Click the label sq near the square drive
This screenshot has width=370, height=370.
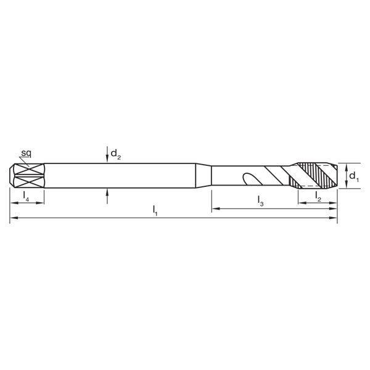coord(27,152)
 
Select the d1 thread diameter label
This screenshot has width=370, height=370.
coord(353,176)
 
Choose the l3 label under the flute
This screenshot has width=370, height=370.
coord(261,202)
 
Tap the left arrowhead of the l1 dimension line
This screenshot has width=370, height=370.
coord(13,218)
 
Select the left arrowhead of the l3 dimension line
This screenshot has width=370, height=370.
coord(215,210)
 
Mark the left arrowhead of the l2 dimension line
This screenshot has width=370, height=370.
coord(302,202)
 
